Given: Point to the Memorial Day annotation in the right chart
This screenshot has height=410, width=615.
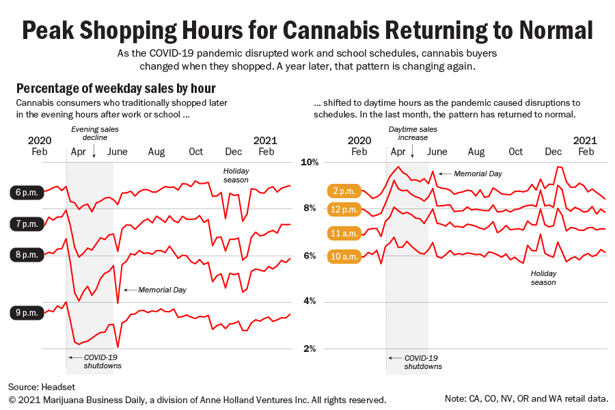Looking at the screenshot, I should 478,174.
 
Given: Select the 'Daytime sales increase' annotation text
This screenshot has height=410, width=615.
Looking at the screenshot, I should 413,133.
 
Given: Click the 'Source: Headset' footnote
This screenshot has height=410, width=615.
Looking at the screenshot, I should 40,387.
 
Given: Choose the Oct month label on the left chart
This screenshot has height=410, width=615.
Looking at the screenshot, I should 195,152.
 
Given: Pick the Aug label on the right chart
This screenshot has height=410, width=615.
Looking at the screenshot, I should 476,152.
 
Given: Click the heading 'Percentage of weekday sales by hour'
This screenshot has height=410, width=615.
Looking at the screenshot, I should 115,89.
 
